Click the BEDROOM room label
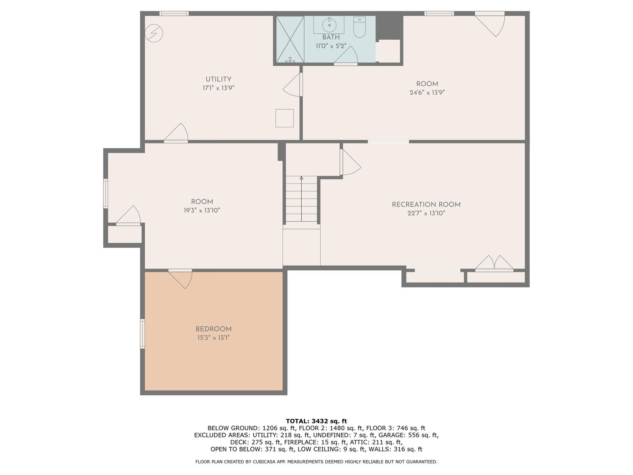point(214,329)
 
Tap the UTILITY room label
point(218,79)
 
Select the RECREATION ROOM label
point(426,204)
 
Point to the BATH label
point(331,37)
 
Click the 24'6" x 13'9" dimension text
point(427,92)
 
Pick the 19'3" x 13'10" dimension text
point(202,210)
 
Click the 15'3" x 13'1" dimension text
point(214,337)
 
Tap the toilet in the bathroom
point(359,27)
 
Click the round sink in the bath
point(329,24)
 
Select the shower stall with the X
point(290,39)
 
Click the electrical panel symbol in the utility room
point(154,33)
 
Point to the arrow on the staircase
point(301,198)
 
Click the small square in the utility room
point(284,118)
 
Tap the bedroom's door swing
point(180,279)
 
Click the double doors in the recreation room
point(494,263)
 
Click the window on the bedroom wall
point(143,334)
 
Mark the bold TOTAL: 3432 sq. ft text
point(316,421)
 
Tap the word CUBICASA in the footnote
point(264,462)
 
